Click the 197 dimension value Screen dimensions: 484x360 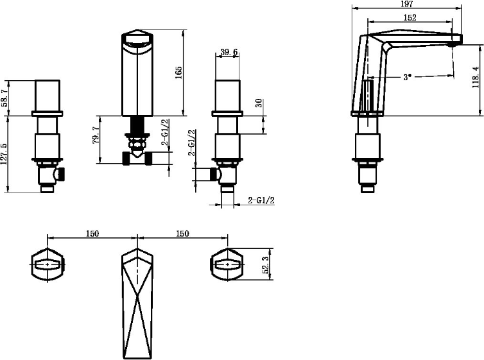408,4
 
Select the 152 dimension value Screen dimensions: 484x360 410,17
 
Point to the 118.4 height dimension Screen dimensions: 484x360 476,77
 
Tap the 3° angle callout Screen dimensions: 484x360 408,77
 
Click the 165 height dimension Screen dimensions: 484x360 178,73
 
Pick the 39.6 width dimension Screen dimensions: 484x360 229,52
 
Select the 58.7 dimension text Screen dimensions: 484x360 5,98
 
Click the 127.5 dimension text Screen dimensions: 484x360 4,153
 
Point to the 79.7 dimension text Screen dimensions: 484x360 96,135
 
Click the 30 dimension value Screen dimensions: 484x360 259,103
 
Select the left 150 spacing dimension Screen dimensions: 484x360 92,234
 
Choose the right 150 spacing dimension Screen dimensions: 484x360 183,234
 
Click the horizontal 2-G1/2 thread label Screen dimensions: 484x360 261,200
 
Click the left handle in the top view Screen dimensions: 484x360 48,264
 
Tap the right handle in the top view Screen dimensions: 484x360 227,264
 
